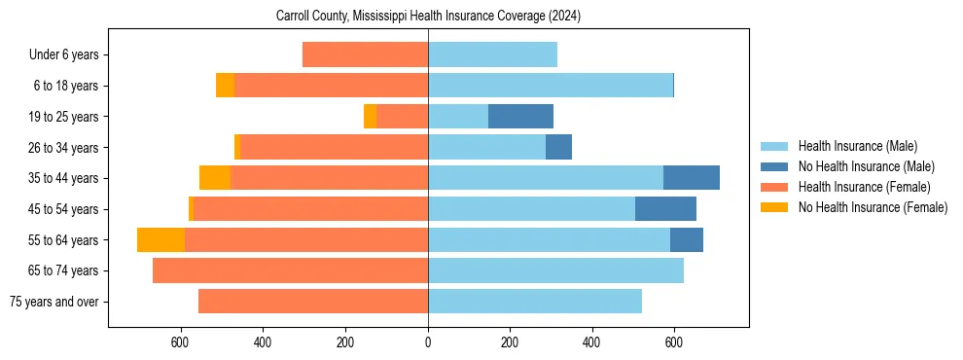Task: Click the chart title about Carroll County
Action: pos(428,16)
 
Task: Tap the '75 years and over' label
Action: pos(53,302)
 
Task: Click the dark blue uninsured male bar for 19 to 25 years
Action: pos(520,117)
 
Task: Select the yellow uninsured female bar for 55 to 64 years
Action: pos(160,240)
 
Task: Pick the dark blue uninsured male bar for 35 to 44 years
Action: pos(691,178)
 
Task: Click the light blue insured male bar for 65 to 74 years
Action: pos(555,270)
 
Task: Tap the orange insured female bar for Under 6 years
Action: pos(365,55)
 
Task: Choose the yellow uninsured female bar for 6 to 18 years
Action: pos(225,86)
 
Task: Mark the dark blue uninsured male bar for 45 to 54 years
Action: pos(665,209)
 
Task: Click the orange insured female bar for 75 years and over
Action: pos(312,302)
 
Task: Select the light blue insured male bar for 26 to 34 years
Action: pos(486,148)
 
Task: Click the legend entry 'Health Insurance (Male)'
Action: pos(857,147)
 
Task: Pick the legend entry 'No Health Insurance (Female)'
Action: pos(873,207)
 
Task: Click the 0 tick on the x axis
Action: pos(428,342)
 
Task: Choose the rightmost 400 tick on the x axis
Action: pos(592,342)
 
